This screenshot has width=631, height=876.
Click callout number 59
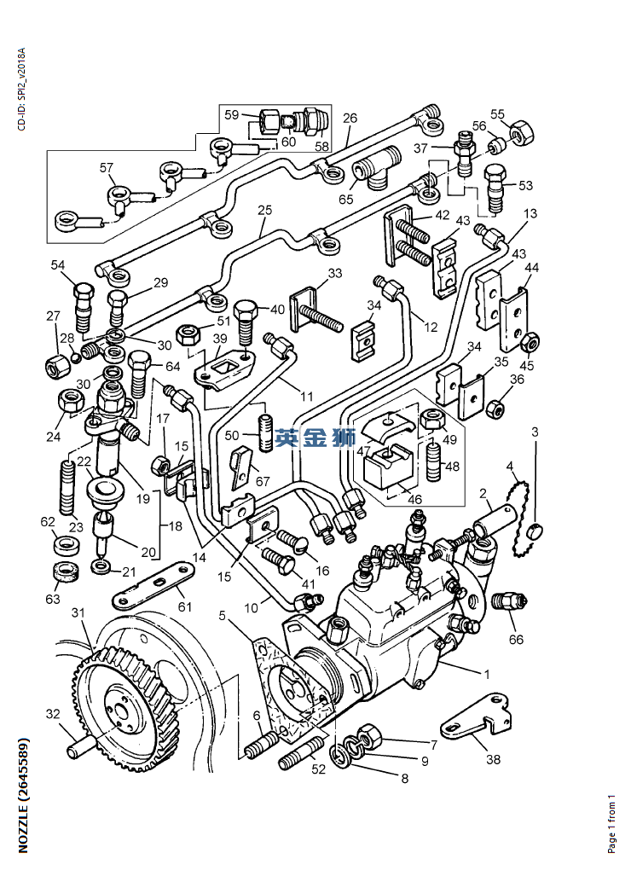pos(232,114)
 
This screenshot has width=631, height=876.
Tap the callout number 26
pos(350,119)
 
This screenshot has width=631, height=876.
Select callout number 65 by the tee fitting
pos(345,200)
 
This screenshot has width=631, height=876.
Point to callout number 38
pos(493,759)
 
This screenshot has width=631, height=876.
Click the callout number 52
pos(319,769)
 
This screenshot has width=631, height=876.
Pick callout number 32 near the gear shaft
pos(52,715)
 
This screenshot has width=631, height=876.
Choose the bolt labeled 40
pos(245,318)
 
